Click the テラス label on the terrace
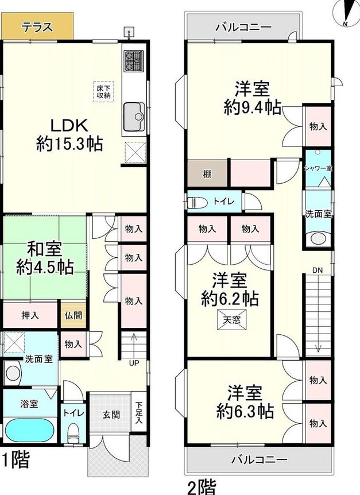(37, 27)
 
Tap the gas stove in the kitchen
(134, 61)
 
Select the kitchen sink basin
(134, 117)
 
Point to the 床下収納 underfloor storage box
(103, 91)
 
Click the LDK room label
(69, 126)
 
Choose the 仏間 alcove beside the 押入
(73, 315)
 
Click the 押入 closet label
(30, 315)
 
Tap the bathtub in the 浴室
(30, 431)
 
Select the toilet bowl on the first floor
(73, 434)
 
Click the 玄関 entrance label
(111, 415)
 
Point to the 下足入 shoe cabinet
(138, 412)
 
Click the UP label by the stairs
(134, 363)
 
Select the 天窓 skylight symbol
(231, 320)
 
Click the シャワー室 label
(318, 168)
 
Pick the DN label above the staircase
(318, 270)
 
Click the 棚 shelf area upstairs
(207, 173)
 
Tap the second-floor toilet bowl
(197, 203)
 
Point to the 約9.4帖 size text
(253, 107)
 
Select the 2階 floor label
(202, 487)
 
